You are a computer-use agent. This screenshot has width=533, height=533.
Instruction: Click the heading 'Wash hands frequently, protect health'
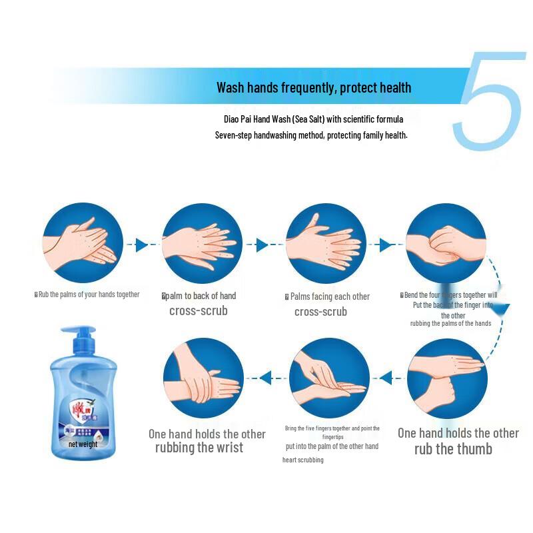click(x=314, y=87)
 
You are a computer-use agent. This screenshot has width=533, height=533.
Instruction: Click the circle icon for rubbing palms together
click(x=83, y=243)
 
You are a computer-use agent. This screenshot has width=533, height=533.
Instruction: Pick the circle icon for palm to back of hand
click(x=203, y=243)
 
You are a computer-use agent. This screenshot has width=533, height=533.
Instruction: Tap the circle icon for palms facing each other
click(x=326, y=243)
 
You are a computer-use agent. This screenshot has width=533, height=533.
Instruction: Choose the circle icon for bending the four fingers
click(x=446, y=243)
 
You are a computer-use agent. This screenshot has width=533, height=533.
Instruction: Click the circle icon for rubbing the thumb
click(x=446, y=378)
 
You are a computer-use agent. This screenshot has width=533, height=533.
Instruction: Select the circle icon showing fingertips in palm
click(x=329, y=378)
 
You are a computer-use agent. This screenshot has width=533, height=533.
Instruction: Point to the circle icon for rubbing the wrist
click(x=203, y=378)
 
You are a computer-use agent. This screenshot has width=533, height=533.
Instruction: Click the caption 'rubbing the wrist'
click(x=199, y=448)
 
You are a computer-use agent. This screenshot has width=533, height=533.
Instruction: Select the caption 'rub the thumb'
click(x=453, y=449)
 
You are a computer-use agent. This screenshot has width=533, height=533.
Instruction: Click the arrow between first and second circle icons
click(x=141, y=245)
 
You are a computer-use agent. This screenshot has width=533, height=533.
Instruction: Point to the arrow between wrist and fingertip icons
click(x=265, y=378)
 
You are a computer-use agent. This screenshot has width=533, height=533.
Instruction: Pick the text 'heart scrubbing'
click(x=302, y=460)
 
